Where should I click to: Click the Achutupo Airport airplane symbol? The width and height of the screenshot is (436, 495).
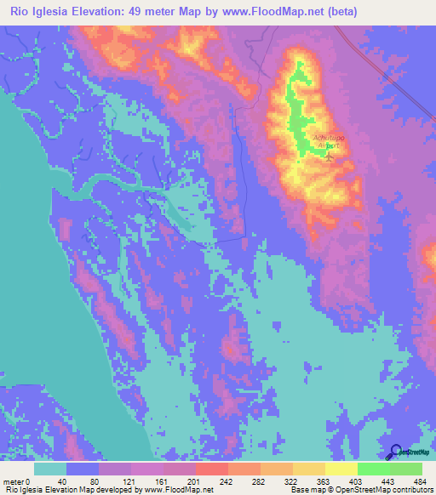(x=330, y=156)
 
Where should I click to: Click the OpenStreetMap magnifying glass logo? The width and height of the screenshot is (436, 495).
(x=395, y=452)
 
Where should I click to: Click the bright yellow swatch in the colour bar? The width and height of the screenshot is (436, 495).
(x=341, y=469)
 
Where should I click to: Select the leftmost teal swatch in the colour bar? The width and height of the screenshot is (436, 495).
(x=50, y=469)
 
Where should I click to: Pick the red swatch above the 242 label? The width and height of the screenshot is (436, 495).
(x=211, y=469)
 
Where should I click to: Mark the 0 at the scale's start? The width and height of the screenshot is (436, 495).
(x=28, y=481)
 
